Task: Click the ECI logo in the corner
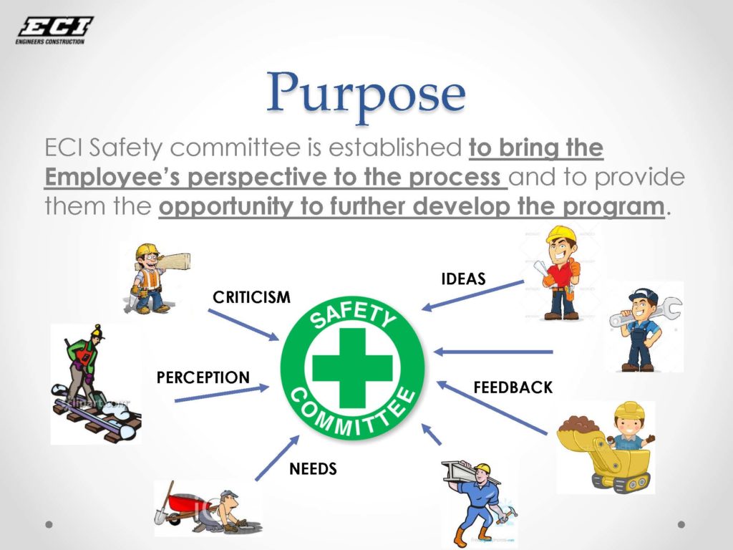pyautogui.click(x=54, y=30)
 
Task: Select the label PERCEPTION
pyautogui.click(x=203, y=377)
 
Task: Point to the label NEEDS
pyautogui.click(x=313, y=470)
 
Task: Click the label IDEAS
pyautogui.click(x=464, y=279)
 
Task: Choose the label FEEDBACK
pyautogui.click(x=513, y=387)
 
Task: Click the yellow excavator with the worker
pyautogui.click(x=608, y=448)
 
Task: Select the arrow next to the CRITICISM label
pyautogui.click(x=243, y=324)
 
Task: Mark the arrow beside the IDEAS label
pyautogui.click(x=472, y=296)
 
